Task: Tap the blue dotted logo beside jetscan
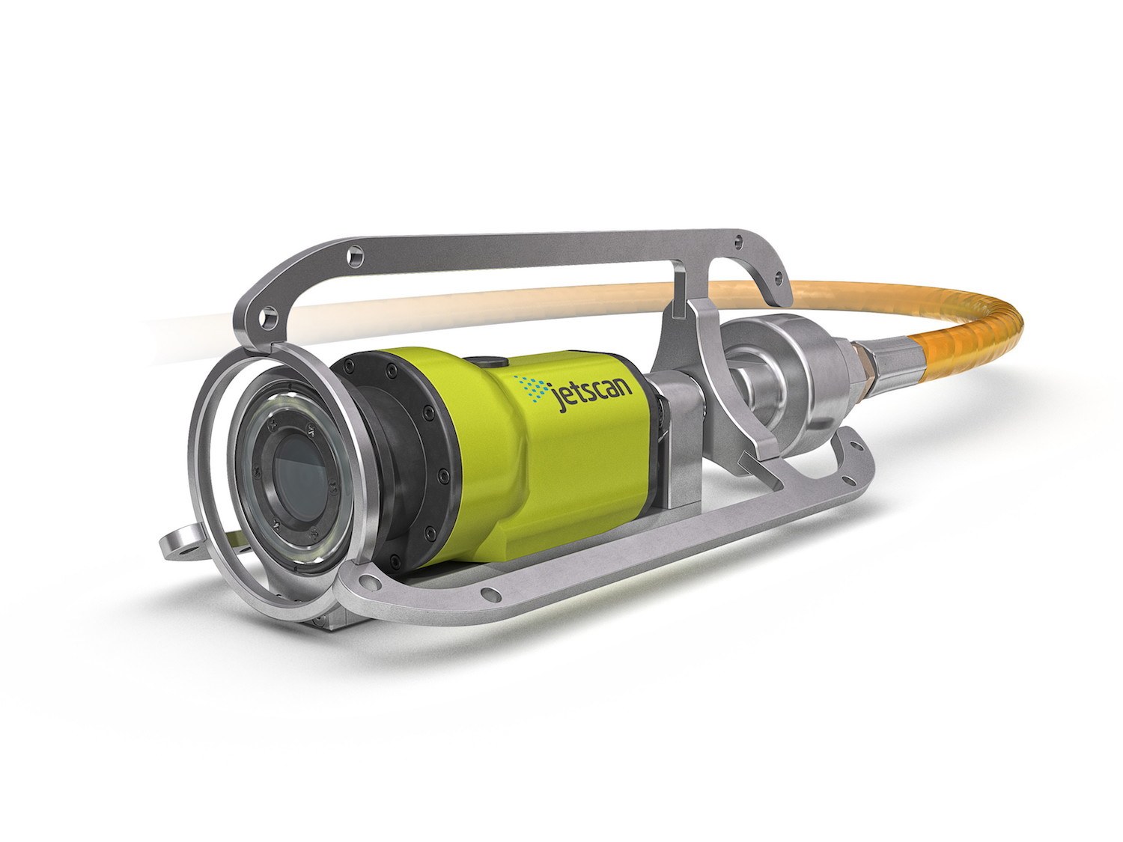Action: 530,388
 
